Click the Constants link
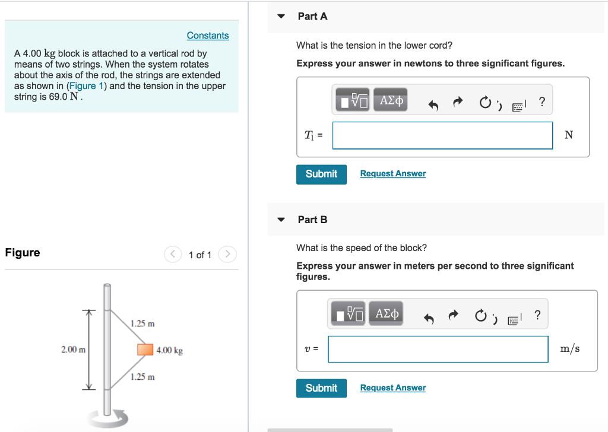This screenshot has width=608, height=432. (207, 36)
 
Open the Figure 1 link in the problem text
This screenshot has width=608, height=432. (84, 86)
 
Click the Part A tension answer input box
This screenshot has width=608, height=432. (442, 135)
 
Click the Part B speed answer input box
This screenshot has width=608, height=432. (438, 349)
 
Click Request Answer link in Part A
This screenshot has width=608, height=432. (392, 174)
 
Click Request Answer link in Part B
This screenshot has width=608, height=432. (392, 388)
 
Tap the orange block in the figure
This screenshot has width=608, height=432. (145, 350)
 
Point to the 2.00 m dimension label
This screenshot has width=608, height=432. (72, 350)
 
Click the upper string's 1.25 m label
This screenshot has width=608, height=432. (142, 323)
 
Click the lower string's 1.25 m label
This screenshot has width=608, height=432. (142, 377)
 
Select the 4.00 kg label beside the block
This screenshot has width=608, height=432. (170, 351)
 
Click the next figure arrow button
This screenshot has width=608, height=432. (227, 255)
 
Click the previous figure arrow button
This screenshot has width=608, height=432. (172, 255)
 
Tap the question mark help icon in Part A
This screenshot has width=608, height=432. (541, 101)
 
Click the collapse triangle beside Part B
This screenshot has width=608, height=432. (281, 220)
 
